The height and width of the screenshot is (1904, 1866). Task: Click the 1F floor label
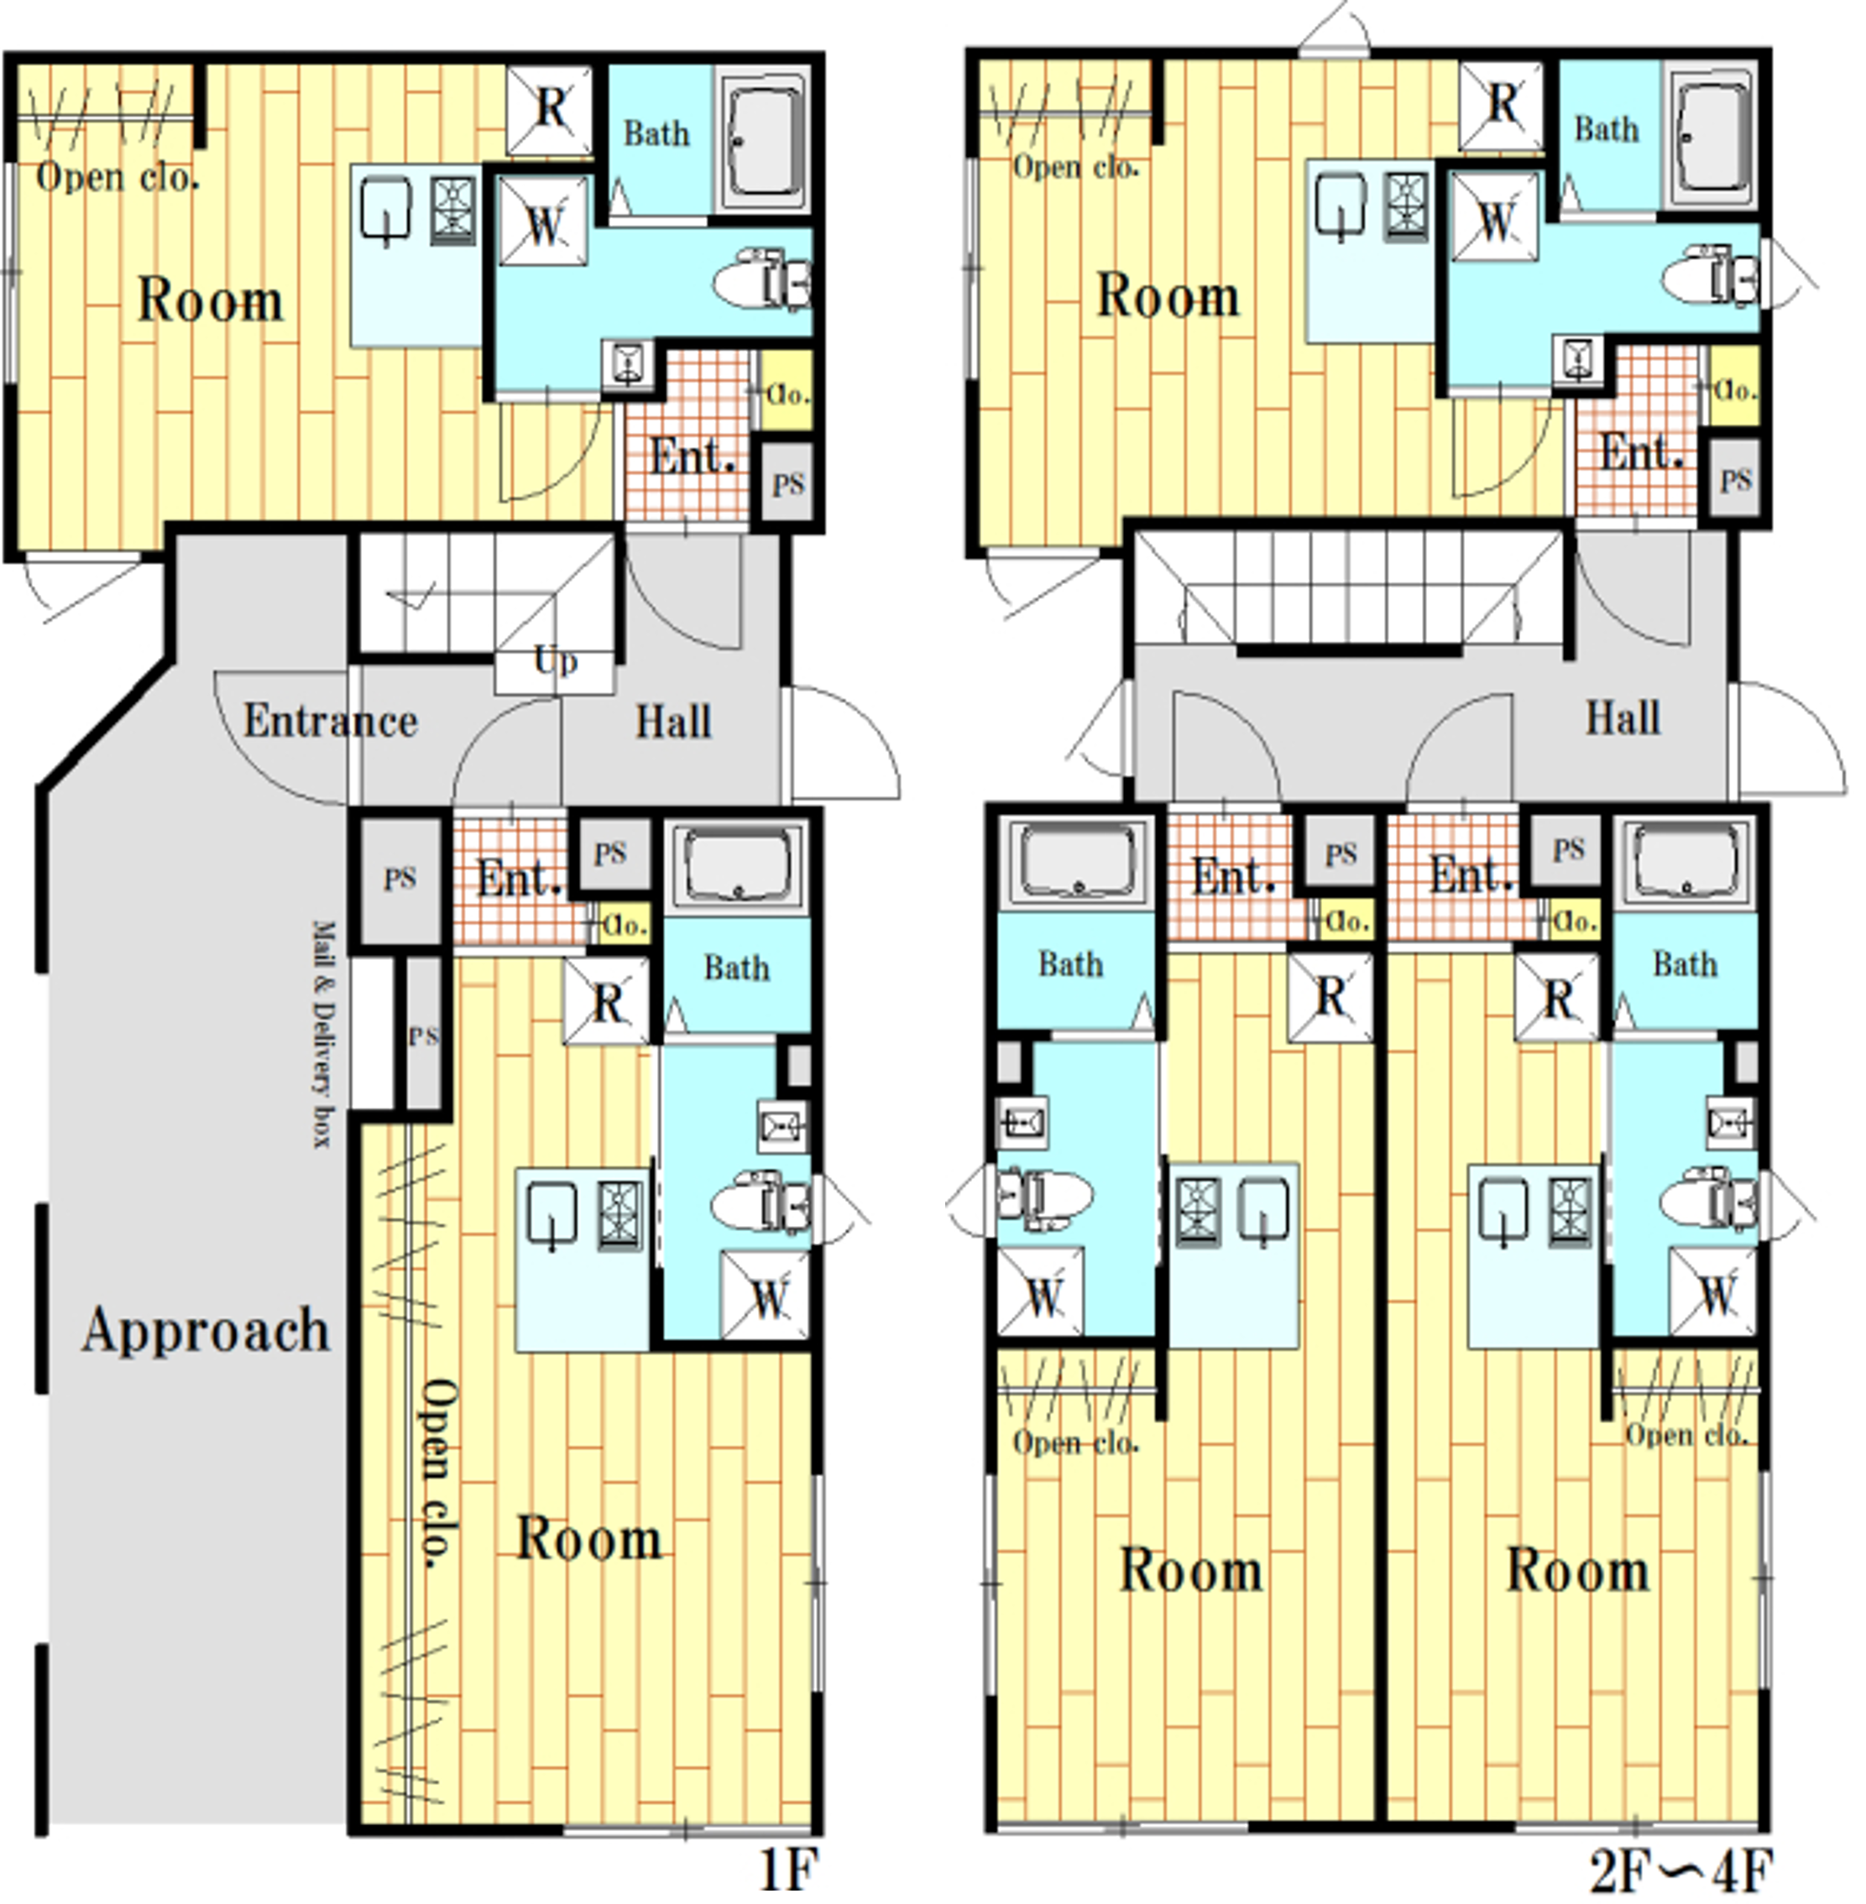click(788, 1870)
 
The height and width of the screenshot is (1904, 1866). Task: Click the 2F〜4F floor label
click(1680, 1870)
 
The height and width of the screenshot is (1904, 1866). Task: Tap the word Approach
click(206, 1331)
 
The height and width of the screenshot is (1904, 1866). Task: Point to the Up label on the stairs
click(556, 661)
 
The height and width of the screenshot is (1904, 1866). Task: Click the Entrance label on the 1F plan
click(330, 721)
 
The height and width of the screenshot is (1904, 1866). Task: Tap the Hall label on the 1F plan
click(673, 722)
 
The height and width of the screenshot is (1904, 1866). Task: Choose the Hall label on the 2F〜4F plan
click(1623, 718)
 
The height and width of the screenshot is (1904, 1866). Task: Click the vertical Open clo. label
click(437, 1474)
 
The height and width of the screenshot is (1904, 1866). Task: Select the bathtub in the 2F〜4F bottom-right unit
click(1686, 861)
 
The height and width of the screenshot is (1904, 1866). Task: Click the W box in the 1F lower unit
click(766, 1296)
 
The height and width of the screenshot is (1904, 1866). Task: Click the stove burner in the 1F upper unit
click(452, 210)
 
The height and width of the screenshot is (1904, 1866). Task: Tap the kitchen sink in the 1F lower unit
click(551, 1215)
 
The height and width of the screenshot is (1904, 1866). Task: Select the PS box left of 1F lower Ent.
click(400, 878)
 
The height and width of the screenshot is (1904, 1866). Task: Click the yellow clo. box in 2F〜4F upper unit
click(1733, 388)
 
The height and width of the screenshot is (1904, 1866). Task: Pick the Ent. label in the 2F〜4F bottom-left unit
click(1234, 875)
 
